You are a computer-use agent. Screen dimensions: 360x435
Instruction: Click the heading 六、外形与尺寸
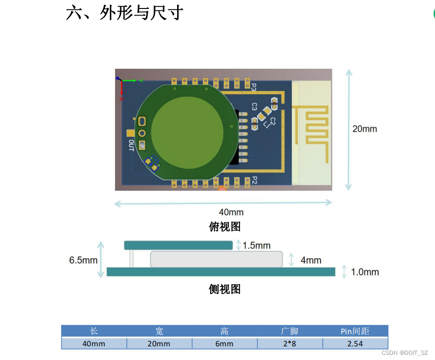[124, 13]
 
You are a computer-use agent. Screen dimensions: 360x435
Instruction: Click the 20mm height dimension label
[364, 129]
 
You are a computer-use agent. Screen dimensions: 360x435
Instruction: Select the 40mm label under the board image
[231, 212]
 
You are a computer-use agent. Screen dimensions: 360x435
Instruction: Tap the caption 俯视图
[225, 227]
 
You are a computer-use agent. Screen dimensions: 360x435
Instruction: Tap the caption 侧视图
[225, 289]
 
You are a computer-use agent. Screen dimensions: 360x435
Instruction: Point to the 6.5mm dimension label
[83, 260]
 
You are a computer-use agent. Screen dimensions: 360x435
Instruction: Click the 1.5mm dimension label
[256, 245]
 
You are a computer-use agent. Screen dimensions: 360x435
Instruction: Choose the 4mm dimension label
[311, 260]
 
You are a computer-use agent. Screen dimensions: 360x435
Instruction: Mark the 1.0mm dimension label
[365, 272]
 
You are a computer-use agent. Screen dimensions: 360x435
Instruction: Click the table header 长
[94, 331]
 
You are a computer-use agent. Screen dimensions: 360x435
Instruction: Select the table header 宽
[159, 331]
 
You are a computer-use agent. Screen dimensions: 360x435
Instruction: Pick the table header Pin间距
[355, 331]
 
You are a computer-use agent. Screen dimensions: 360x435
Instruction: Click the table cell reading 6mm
[224, 344]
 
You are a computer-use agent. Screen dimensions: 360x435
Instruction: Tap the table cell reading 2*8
[290, 344]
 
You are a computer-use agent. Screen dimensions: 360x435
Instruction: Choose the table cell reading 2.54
[355, 344]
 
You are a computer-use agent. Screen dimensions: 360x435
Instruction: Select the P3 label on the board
[254, 88]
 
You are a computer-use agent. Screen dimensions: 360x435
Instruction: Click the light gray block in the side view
[216, 259]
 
